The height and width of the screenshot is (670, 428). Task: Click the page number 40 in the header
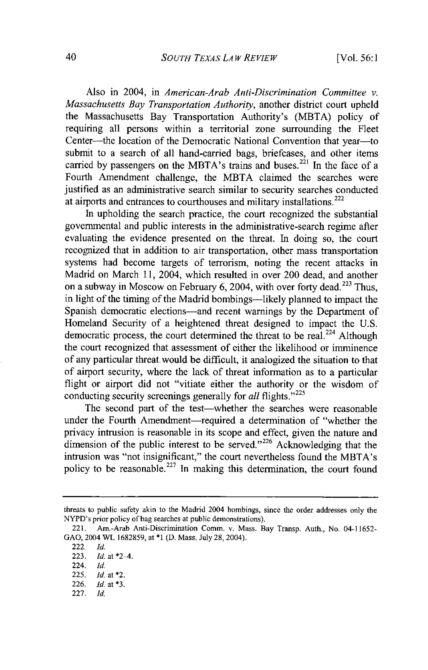click(71, 58)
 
